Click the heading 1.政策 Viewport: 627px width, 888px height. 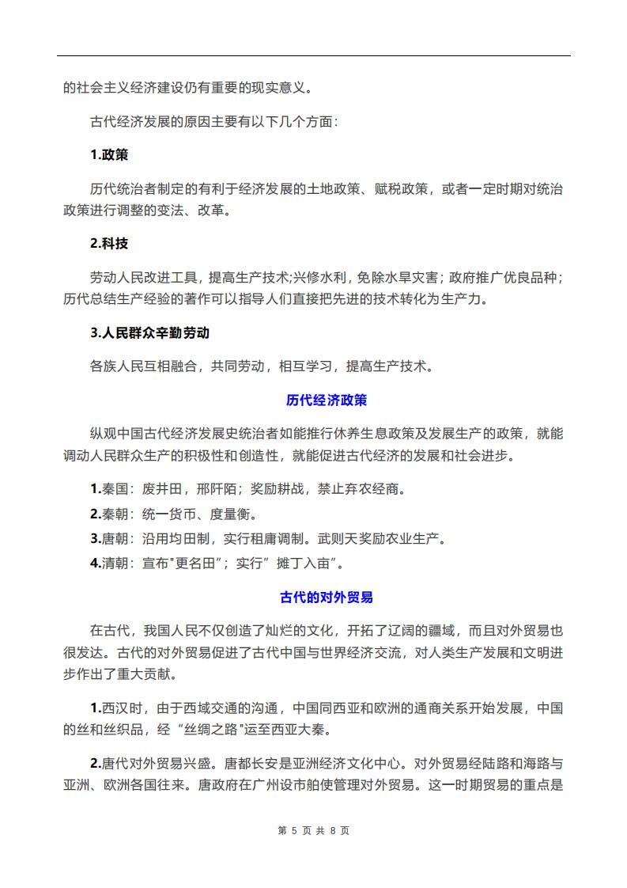pyautogui.click(x=109, y=154)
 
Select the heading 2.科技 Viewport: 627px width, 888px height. pyautogui.click(x=109, y=244)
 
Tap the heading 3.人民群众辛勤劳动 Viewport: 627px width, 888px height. pyautogui.click(x=149, y=332)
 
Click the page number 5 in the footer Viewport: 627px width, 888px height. pyautogui.click(x=294, y=830)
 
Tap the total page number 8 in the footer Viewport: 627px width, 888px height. pyautogui.click(x=333, y=830)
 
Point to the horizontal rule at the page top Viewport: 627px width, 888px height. pyautogui.click(x=314, y=55)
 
